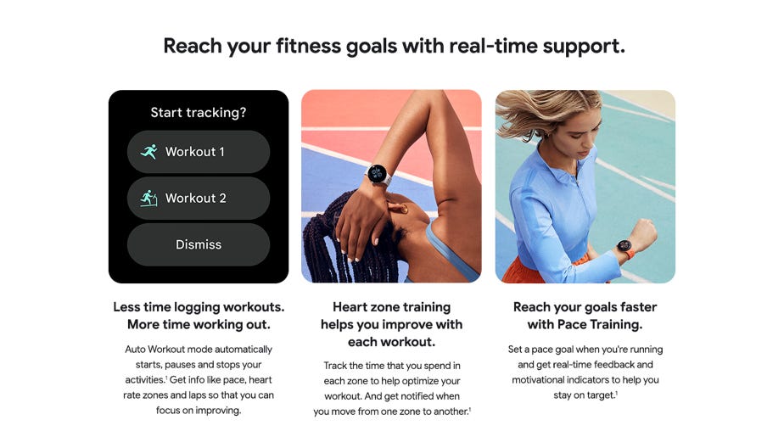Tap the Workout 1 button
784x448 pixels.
click(199, 152)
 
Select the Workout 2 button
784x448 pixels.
click(199, 198)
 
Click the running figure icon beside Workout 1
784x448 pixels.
click(149, 152)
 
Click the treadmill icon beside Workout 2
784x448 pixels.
click(149, 198)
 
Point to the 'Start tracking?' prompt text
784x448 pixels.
click(199, 113)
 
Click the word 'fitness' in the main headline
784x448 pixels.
click(308, 46)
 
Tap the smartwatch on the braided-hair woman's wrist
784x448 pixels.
click(377, 174)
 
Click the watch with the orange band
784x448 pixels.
click(625, 247)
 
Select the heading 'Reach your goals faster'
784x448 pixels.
click(585, 307)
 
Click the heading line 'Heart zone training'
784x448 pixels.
click(391, 307)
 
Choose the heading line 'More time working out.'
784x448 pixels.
click(199, 324)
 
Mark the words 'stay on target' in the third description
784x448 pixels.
click(584, 395)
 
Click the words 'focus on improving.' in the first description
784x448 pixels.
click(199, 410)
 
